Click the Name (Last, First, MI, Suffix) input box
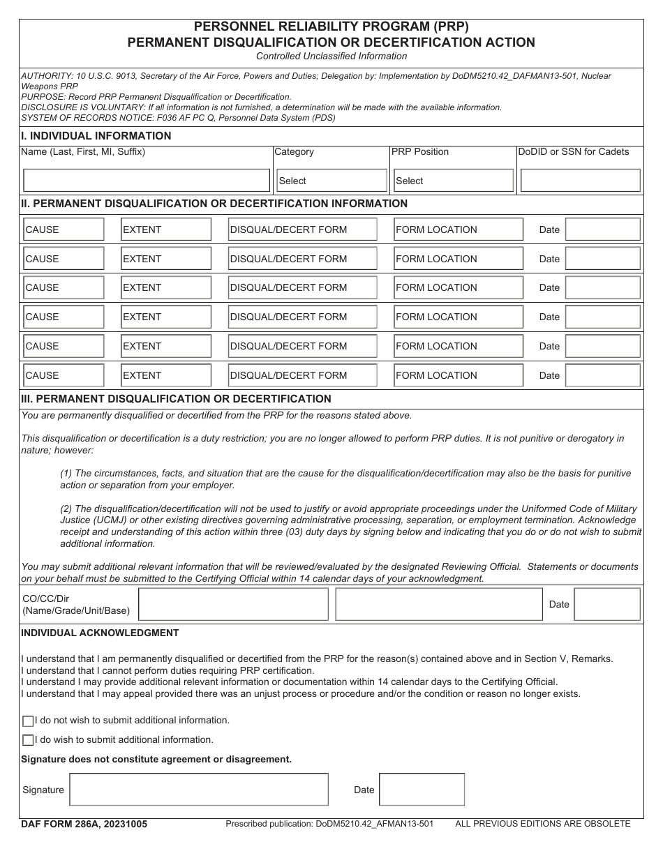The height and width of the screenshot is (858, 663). coord(147,180)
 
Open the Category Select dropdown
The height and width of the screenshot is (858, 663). coord(331,181)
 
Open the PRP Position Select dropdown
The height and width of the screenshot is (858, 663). coord(454,181)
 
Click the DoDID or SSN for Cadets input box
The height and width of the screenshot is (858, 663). coord(580,180)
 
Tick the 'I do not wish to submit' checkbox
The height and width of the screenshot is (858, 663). coord(28,721)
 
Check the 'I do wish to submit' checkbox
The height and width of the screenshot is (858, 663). coord(28,740)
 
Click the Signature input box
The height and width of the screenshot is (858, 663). coord(199,790)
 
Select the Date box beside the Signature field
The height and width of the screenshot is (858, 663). coord(422,790)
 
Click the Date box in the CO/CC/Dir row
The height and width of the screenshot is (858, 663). coord(606,604)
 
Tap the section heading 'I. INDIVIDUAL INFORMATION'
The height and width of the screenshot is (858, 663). coord(96,136)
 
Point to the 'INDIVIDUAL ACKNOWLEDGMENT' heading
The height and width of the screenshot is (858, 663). coord(100,633)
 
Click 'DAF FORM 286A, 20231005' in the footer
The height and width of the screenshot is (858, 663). coord(84,824)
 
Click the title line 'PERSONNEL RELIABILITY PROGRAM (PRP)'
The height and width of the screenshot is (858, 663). coord(331,27)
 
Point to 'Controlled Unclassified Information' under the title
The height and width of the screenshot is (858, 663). coord(331,56)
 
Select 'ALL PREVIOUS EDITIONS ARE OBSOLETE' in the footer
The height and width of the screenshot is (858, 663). coord(542,824)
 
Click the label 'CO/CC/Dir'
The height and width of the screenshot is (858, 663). coord(46,599)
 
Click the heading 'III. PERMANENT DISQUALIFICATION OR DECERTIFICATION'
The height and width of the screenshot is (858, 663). coord(177,399)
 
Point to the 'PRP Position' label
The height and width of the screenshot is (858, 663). coord(420,151)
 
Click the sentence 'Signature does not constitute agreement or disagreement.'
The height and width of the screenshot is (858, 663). coord(156,759)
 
